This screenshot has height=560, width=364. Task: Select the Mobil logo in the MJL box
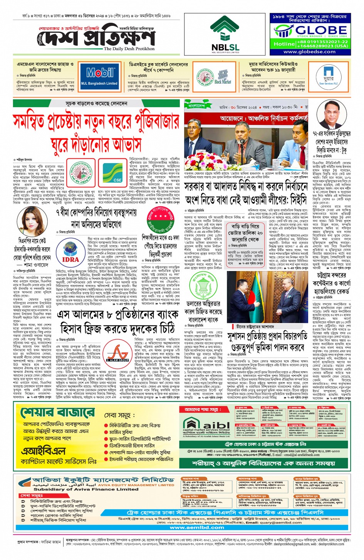click(x=100, y=73)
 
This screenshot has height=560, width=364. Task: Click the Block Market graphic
click(x=223, y=77)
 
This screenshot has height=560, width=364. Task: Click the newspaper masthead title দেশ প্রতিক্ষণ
click(x=98, y=39)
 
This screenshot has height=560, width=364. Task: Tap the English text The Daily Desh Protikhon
click(x=129, y=49)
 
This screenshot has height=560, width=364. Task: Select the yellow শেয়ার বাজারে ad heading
click(x=58, y=412)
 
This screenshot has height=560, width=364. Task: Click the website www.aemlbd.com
click(x=197, y=527)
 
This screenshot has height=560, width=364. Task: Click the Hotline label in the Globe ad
click(x=284, y=44)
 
